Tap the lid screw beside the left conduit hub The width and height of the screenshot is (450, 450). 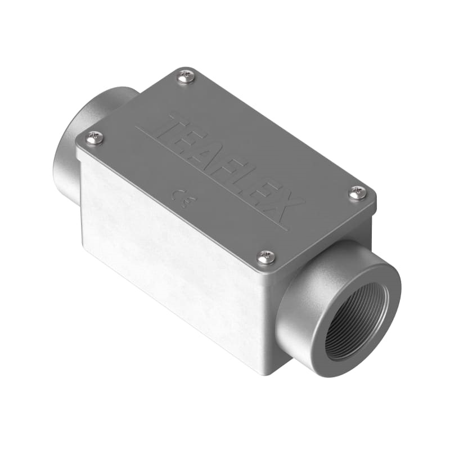coord(96,137)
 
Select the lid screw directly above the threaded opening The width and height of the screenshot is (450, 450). coord(357,193)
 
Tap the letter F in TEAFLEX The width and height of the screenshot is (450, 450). coord(236,166)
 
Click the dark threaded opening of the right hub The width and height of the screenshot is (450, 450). coord(354,326)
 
